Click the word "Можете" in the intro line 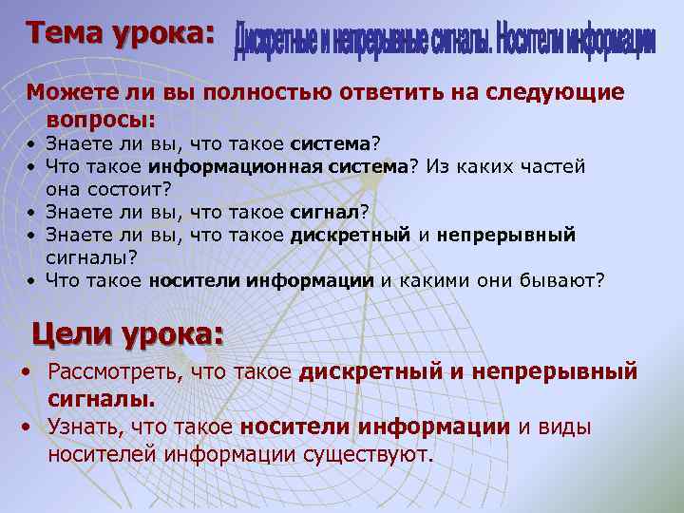(x=62, y=92)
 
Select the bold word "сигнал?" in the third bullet (x=330, y=211)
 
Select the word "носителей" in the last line (x=104, y=455)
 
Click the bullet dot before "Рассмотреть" (x=29, y=370)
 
